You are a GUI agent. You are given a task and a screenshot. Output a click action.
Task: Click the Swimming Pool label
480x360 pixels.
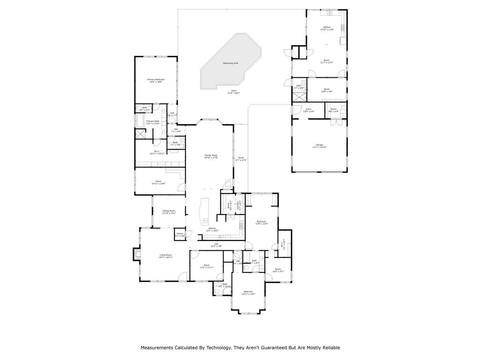pyautogui.click(x=230, y=63)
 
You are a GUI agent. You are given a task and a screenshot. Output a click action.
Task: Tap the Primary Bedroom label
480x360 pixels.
pyautogui.click(x=156, y=80)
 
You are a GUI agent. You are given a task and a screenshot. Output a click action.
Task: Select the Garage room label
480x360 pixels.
pyautogui.click(x=319, y=145)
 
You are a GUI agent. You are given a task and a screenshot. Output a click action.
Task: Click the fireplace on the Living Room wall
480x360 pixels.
pyautogui.click(x=136, y=254)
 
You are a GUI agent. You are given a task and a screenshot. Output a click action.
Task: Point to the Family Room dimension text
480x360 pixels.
pyautogui.click(x=211, y=158)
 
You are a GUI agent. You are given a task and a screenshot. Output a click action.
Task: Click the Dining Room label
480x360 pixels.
pyautogui.click(x=169, y=211)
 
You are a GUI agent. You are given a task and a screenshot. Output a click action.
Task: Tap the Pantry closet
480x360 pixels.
pyautogui.click(x=180, y=234)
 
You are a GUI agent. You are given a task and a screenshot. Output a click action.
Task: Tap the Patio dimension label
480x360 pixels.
pyautogui.click(x=233, y=93)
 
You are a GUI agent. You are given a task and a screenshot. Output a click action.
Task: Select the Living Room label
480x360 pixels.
pyautogui.click(x=165, y=255)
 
